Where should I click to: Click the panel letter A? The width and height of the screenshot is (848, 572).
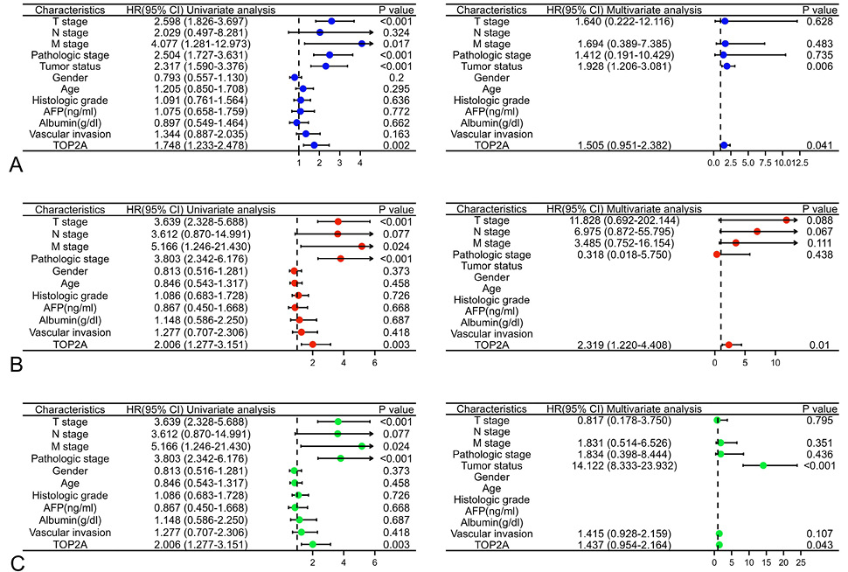pyautogui.click(x=17, y=164)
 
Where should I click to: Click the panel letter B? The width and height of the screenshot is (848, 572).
pyautogui.click(x=17, y=364)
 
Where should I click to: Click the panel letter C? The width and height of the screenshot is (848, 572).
pyautogui.click(x=17, y=563)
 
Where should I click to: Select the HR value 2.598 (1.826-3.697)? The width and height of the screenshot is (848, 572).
pyautogui.click(x=200, y=22)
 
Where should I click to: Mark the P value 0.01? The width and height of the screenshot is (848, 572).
pyautogui.click(x=819, y=345)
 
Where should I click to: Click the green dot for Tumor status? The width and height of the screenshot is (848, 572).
pyautogui.click(x=763, y=464)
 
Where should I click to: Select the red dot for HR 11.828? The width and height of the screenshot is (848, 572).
pyautogui.click(x=786, y=220)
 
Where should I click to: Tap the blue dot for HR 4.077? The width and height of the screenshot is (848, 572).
pyautogui.click(x=362, y=44)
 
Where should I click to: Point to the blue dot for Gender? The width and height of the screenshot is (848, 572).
pyautogui.click(x=295, y=77)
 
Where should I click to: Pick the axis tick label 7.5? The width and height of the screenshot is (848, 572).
pyautogui.click(x=765, y=163)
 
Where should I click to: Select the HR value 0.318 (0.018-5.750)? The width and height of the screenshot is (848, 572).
pyautogui.click(x=624, y=255)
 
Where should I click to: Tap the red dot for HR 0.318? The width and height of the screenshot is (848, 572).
pyautogui.click(x=717, y=254)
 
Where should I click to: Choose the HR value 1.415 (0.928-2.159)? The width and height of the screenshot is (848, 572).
pyautogui.click(x=624, y=534)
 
